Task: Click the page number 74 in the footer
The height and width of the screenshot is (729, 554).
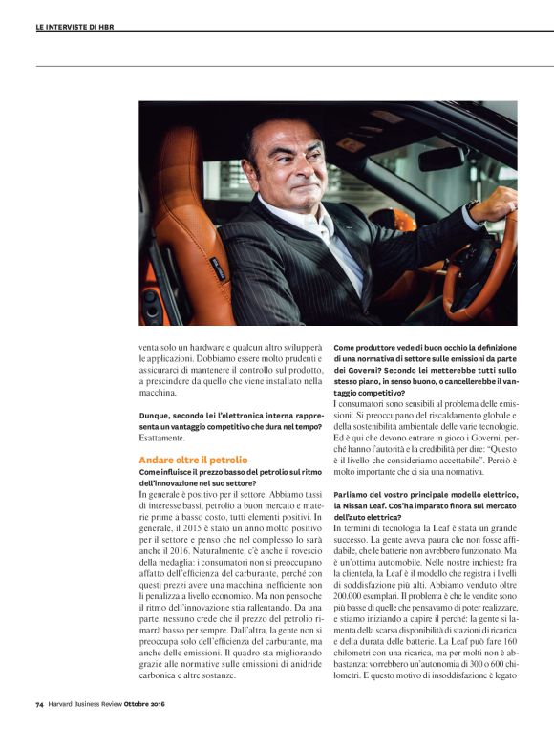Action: (x=39, y=705)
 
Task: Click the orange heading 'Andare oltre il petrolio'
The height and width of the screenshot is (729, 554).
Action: (x=179, y=460)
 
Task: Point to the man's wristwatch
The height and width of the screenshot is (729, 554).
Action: (x=473, y=206)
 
